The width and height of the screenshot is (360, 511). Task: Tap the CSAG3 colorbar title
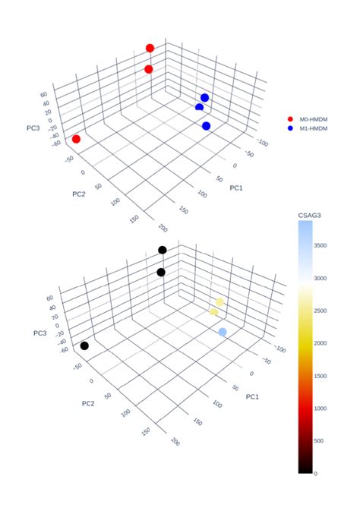pos(311,217)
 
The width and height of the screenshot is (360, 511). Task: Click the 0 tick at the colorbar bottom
pos(317,473)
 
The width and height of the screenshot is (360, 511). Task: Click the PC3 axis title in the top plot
pos(33,128)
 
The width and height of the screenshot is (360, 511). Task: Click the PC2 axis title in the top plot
pos(80,194)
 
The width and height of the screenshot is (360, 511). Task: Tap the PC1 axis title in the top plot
pos(237,187)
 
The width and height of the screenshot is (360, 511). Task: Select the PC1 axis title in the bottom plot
pos(253,397)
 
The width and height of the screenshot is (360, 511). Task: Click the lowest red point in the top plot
pos(76,139)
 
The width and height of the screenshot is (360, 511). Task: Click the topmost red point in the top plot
pos(150,48)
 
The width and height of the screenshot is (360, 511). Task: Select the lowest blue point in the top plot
pos(206,125)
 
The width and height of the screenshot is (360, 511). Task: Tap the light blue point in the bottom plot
pos(223,332)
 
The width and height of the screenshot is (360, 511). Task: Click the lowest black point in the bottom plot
pos(84,345)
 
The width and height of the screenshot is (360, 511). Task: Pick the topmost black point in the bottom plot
pos(162,250)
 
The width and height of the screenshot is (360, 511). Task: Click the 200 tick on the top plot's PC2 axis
pos(160,227)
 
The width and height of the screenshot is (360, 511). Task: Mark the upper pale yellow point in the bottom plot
pos(219,301)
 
